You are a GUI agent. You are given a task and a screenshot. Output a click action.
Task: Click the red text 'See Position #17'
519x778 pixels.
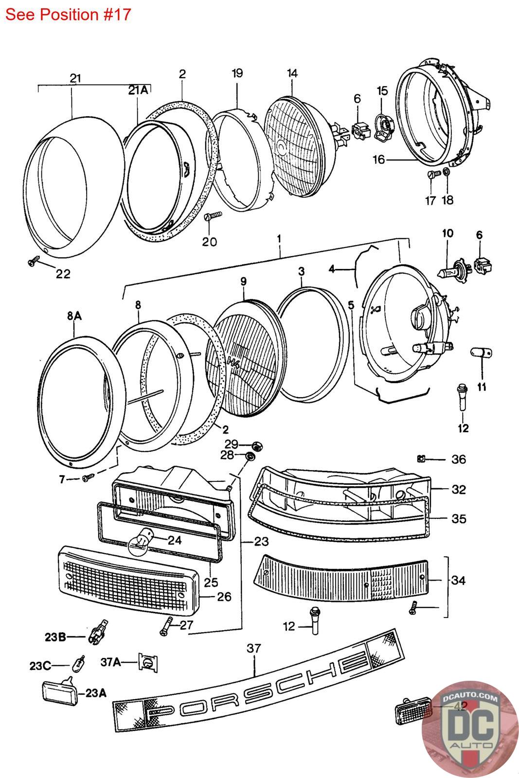(68, 15)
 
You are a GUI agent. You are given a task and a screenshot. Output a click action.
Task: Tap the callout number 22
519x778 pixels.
(63, 274)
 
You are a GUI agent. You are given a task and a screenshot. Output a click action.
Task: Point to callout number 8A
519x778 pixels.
(74, 317)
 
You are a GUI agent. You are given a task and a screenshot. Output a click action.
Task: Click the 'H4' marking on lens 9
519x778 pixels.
(234, 360)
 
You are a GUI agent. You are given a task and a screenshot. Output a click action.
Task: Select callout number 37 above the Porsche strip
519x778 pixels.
(254, 648)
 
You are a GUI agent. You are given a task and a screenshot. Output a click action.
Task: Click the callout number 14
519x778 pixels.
(292, 73)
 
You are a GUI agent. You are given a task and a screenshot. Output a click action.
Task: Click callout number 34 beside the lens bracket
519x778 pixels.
(458, 580)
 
